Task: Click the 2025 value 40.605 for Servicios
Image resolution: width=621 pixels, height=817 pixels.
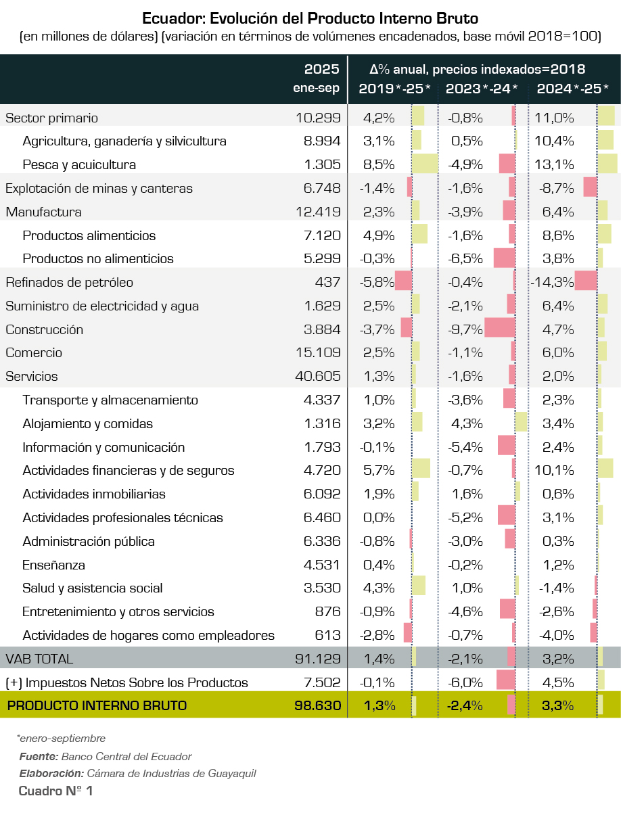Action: point(318,377)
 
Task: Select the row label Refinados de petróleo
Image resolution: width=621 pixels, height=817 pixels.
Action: point(69,283)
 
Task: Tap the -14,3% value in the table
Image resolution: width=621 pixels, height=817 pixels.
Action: point(552,283)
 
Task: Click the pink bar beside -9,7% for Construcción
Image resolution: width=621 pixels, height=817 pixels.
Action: point(500,329)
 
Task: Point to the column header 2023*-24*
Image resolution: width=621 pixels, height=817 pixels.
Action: point(481,89)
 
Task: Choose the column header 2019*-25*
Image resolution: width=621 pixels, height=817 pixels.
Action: point(394,89)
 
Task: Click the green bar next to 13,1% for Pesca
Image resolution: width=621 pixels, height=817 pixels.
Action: point(607,164)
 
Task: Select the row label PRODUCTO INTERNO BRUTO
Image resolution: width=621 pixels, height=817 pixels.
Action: point(97,705)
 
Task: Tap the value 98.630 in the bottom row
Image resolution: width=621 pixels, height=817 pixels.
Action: point(318,705)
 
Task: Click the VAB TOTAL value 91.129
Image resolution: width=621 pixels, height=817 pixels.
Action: point(318,659)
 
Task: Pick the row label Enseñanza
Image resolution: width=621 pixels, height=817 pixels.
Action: point(53,565)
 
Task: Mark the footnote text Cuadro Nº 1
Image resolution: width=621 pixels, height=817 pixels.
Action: point(55,791)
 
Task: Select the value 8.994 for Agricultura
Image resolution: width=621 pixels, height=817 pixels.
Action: point(322,141)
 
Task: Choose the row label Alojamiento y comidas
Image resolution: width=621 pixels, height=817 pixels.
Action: point(87,424)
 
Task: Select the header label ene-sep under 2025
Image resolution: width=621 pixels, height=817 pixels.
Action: point(316,89)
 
